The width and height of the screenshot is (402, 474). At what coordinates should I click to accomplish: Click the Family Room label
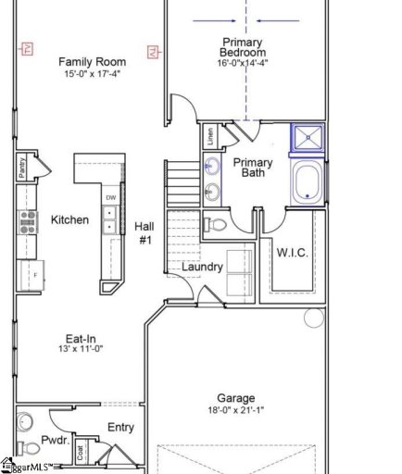92,61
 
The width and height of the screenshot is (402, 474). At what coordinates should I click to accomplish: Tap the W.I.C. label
293,253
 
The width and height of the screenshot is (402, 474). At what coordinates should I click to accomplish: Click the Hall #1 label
144,232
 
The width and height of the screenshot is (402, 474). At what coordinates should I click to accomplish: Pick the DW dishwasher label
110,198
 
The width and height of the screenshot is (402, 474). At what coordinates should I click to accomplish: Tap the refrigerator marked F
26,275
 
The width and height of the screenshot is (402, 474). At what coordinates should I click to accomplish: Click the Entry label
120,427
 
